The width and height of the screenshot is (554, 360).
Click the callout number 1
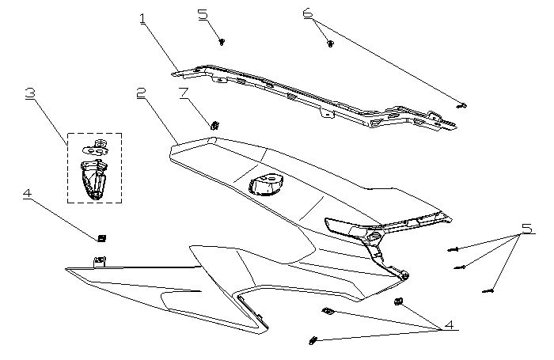(x=143, y=17)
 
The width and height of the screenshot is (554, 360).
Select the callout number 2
(x=141, y=93)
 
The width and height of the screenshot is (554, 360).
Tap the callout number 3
(x=30, y=93)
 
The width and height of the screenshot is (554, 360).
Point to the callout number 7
(x=184, y=93)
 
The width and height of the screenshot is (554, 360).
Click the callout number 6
(x=307, y=13)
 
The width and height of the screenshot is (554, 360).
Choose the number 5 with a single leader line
(x=203, y=14)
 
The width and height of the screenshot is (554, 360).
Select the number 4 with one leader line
(x=27, y=195)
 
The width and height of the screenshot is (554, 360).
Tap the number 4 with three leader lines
(x=448, y=324)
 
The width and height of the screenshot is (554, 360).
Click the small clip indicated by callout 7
(x=214, y=123)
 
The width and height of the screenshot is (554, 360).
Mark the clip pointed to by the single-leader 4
(x=101, y=237)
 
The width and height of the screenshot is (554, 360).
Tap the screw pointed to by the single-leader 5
(x=222, y=40)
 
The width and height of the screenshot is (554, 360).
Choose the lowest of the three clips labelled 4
(x=313, y=340)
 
